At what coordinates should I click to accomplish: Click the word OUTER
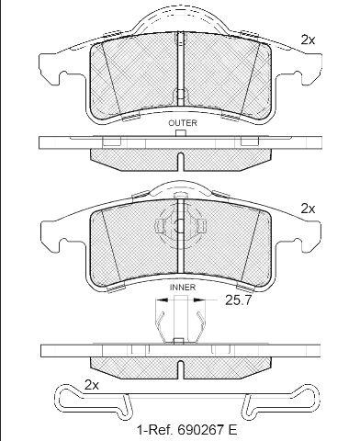tap(183, 123)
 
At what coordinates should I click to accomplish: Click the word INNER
tap(183, 288)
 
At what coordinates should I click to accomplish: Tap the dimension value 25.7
tap(238, 300)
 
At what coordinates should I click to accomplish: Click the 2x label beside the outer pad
tap(308, 40)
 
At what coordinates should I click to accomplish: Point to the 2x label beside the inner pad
tap(308, 209)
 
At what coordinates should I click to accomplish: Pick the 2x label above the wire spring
tap(92, 385)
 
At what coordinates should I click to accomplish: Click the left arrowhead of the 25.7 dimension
tap(161, 300)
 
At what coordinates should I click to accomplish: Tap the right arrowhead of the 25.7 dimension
tap(199, 300)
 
